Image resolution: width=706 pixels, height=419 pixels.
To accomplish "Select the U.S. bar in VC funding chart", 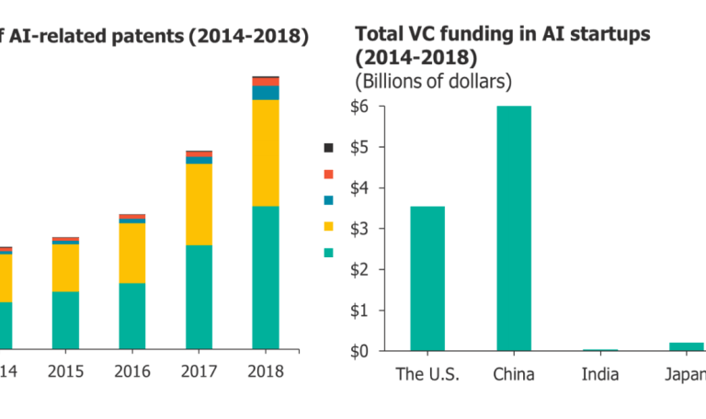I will coord(427,278).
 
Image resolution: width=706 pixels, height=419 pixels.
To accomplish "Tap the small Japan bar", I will coord(687,346).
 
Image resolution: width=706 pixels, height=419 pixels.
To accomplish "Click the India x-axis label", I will coord(600,373).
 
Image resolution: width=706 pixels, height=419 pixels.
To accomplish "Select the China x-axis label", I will coord(514,373).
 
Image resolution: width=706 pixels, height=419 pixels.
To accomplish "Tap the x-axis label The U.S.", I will coord(427,373).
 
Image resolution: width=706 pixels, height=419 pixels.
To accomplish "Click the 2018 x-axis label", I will coord(265,371).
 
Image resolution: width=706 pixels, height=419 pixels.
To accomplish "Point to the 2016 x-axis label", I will coord(131,371).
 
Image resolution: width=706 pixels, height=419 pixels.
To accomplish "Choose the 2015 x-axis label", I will coord(65,371).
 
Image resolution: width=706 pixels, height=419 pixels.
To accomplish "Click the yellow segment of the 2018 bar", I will coord(265,153).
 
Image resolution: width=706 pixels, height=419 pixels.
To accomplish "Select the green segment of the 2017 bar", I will coord(199,297).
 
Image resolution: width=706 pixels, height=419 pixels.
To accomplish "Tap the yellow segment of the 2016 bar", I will coord(131,253).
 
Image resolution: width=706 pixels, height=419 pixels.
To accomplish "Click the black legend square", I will coord(327,147).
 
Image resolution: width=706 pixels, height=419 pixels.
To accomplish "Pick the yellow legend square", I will coord(327,226).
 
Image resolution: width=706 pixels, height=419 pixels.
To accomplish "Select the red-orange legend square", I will coord(327,174).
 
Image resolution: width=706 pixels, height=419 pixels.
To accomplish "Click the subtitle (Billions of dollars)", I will coord(433,81).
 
